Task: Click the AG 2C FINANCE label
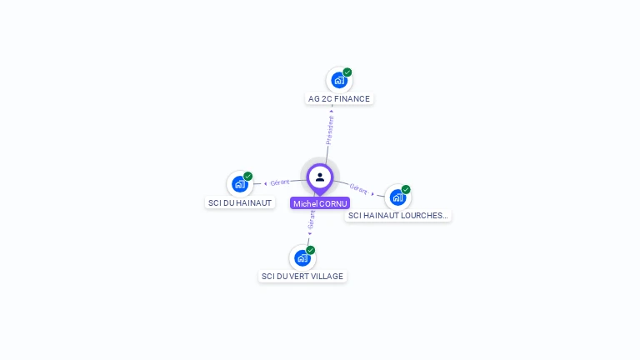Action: point(338,99)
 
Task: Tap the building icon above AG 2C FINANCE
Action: point(338,80)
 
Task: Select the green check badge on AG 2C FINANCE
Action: point(347,72)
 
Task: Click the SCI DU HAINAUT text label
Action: point(239,202)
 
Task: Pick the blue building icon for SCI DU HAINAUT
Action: point(239,183)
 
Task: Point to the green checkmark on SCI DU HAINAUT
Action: point(248,176)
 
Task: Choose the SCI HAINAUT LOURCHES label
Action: point(397,216)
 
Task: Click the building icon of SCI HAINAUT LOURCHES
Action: point(397,197)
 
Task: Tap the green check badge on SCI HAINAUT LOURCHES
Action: point(406,189)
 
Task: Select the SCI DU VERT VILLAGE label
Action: point(302,277)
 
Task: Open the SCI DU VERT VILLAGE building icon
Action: point(302,257)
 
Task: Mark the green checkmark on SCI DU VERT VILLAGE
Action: point(311,250)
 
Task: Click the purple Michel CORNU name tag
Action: point(320,203)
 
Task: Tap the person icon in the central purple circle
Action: point(320,177)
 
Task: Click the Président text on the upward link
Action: point(330,130)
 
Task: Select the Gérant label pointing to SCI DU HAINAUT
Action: point(280,182)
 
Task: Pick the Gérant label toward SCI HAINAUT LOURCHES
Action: point(359,189)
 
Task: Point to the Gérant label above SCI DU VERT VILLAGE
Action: point(312,220)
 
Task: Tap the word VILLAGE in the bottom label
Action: point(326,277)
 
